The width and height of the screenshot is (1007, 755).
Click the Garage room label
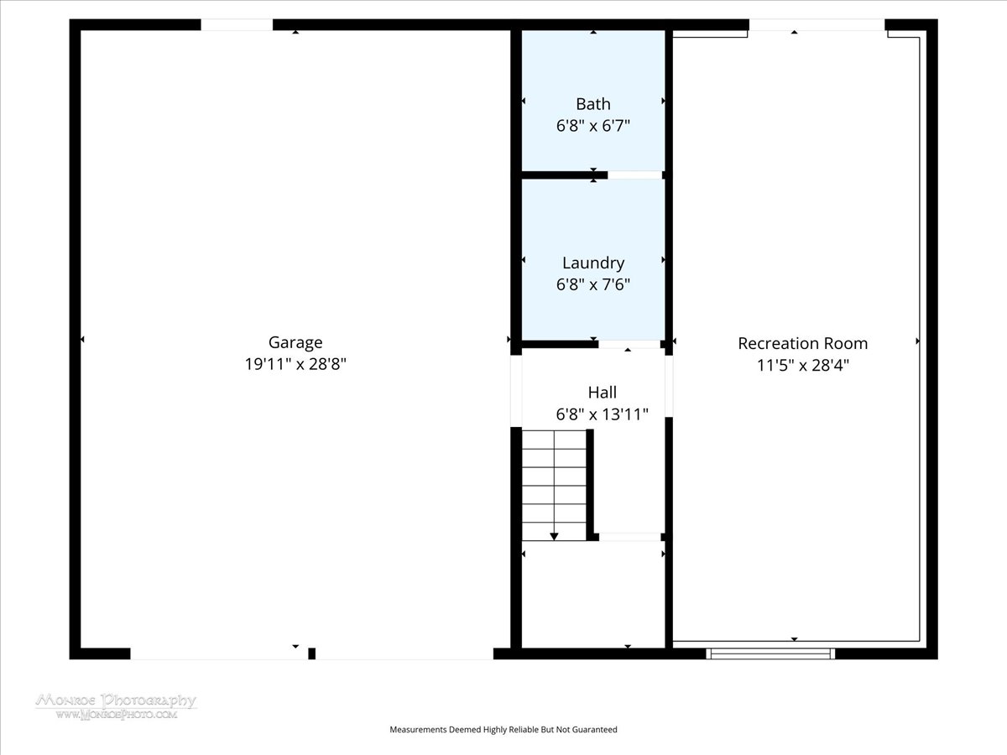[x=295, y=343]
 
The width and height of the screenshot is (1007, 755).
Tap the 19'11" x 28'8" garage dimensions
[x=295, y=364]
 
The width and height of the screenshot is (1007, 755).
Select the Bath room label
[x=593, y=104]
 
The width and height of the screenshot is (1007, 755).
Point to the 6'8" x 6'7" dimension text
[x=593, y=126]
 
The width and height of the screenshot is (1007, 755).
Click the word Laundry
[x=593, y=263]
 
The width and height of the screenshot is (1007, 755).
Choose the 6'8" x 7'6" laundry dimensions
[x=593, y=284]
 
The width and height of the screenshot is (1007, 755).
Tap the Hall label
[x=603, y=393]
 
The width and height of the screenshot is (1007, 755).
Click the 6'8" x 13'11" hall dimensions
[x=603, y=414]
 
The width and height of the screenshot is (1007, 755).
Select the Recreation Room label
[x=803, y=343]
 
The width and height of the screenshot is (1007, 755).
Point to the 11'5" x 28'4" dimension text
[x=803, y=366]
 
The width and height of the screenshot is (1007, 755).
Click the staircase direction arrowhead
[x=554, y=536]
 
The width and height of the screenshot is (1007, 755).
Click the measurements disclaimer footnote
[x=503, y=729]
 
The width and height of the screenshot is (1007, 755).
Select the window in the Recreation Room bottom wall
[x=770, y=653]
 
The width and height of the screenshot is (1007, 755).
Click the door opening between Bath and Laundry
[x=635, y=175]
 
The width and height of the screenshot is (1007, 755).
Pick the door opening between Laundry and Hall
[x=629, y=344]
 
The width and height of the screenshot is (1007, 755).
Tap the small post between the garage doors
[x=312, y=653]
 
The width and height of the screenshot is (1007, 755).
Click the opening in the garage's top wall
[x=237, y=25]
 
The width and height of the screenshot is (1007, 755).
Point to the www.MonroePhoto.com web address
[x=116, y=714]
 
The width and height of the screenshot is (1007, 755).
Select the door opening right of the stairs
[x=630, y=537]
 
